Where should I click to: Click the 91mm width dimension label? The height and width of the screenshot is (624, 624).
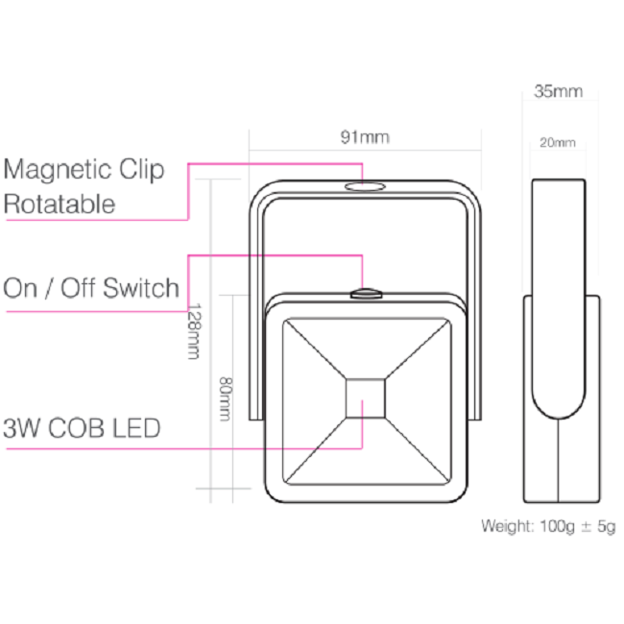pyautogui.click(x=365, y=137)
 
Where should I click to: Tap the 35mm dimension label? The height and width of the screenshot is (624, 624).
pyautogui.click(x=558, y=92)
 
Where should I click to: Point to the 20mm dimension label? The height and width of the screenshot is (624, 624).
pyautogui.click(x=558, y=143)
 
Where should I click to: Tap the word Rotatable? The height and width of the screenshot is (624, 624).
pyautogui.click(x=60, y=204)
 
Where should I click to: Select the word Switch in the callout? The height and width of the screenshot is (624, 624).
pyautogui.click(x=141, y=287)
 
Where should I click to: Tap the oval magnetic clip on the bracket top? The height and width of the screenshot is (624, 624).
pyautogui.click(x=363, y=186)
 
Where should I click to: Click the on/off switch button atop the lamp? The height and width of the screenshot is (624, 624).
pyautogui.click(x=365, y=292)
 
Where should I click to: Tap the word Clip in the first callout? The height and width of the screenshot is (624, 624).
pyautogui.click(x=142, y=170)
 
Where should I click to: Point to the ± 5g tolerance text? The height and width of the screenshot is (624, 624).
pyautogui.click(x=600, y=526)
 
